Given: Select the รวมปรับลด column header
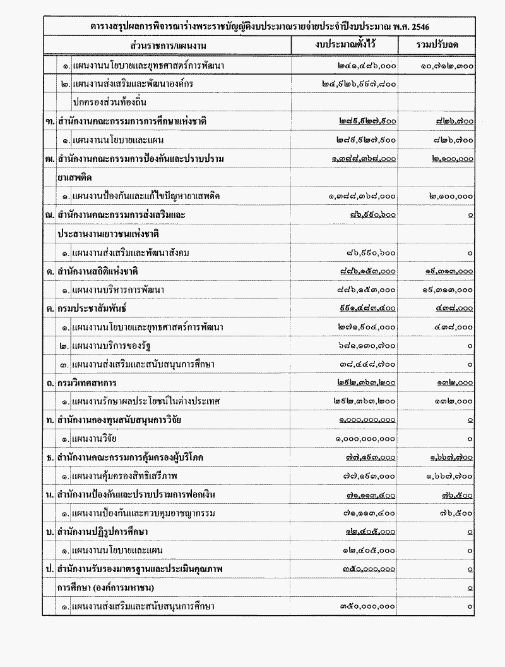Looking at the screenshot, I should click(437, 46).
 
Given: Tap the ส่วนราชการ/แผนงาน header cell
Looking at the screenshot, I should click(169, 46).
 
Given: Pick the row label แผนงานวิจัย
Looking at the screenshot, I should click(94, 439).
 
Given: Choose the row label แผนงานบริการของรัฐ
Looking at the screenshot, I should click(110, 346).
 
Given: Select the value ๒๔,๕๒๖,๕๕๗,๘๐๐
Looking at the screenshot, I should click(358, 83).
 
